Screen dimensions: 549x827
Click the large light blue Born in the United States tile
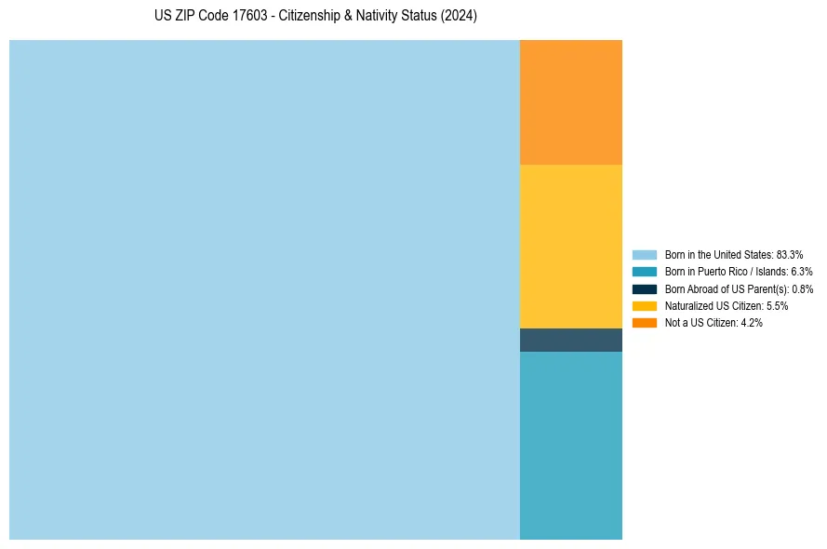[264, 289]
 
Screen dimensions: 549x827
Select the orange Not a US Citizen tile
[570, 102]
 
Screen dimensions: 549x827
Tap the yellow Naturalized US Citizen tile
[570, 247]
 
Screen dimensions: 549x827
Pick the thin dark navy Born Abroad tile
[570, 341]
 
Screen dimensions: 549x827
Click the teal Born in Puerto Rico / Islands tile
[570, 446]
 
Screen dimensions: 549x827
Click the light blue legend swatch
[645, 255]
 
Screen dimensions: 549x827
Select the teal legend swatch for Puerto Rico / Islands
[645, 272]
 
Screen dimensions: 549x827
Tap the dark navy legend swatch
[645, 289]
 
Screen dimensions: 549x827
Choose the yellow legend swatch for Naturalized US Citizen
[645, 306]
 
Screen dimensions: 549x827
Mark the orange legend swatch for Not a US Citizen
[645, 323]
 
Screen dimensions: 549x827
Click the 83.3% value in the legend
[789, 255]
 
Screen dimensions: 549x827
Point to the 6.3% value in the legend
[801, 272]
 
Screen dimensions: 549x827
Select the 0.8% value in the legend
[802, 289]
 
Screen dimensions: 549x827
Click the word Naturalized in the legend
[687, 306]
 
